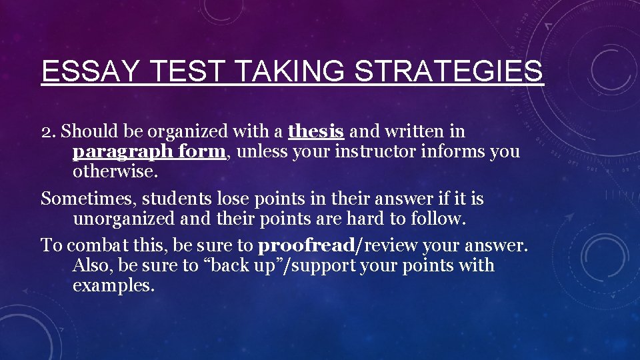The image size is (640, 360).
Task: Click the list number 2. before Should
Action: point(49,132)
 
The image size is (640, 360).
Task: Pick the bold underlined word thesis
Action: point(316,131)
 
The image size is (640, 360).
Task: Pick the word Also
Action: point(91,265)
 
